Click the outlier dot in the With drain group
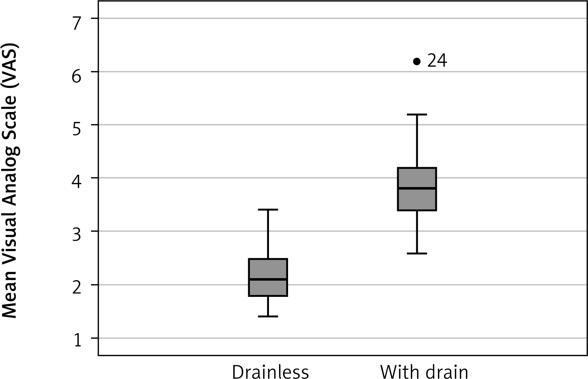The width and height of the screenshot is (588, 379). pos(417,62)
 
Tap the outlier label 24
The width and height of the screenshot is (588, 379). pos(437,61)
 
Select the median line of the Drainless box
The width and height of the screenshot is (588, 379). pos(268,280)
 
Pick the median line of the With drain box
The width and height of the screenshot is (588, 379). pos(417,188)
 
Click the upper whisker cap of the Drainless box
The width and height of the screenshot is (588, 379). pos(268,210)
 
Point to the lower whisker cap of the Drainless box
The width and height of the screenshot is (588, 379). pos(268,316)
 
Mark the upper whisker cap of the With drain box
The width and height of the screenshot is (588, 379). pos(417,115)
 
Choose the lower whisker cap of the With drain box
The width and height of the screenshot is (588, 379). pos(417,254)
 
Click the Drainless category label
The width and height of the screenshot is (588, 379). pos(270,372)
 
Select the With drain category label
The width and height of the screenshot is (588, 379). pos(424,372)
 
